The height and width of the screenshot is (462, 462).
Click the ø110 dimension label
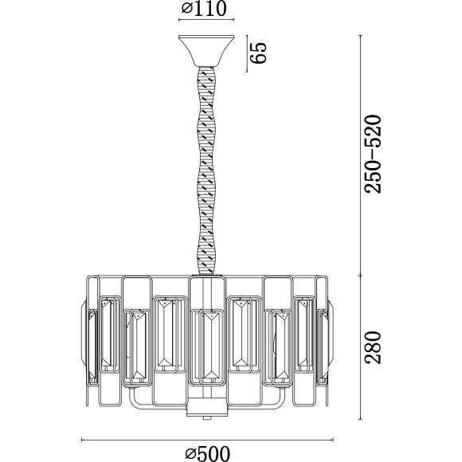pyautogui.click(x=204, y=9)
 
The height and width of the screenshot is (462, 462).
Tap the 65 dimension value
pyautogui.click(x=258, y=53)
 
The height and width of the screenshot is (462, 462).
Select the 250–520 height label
pyautogui.click(x=373, y=154)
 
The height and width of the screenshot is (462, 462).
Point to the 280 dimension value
pyautogui.click(x=373, y=347)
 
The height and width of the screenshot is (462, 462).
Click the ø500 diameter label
pyautogui.click(x=208, y=453)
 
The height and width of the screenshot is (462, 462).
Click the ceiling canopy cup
pyautogui.click(x=206, y=51)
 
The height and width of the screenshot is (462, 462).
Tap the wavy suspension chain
pyautogui.click(x=206, y=171)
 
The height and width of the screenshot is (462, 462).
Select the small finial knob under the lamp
pyautogui.click(x=206, y=418)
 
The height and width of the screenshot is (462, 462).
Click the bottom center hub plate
pyautogui.click(x=206, y=407)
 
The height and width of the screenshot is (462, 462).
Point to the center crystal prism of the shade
pyautogui.click(x=211, y=346)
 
